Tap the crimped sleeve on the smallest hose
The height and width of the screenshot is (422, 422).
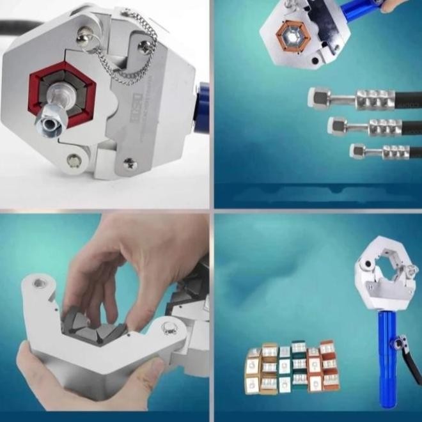(x=395, y=153)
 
